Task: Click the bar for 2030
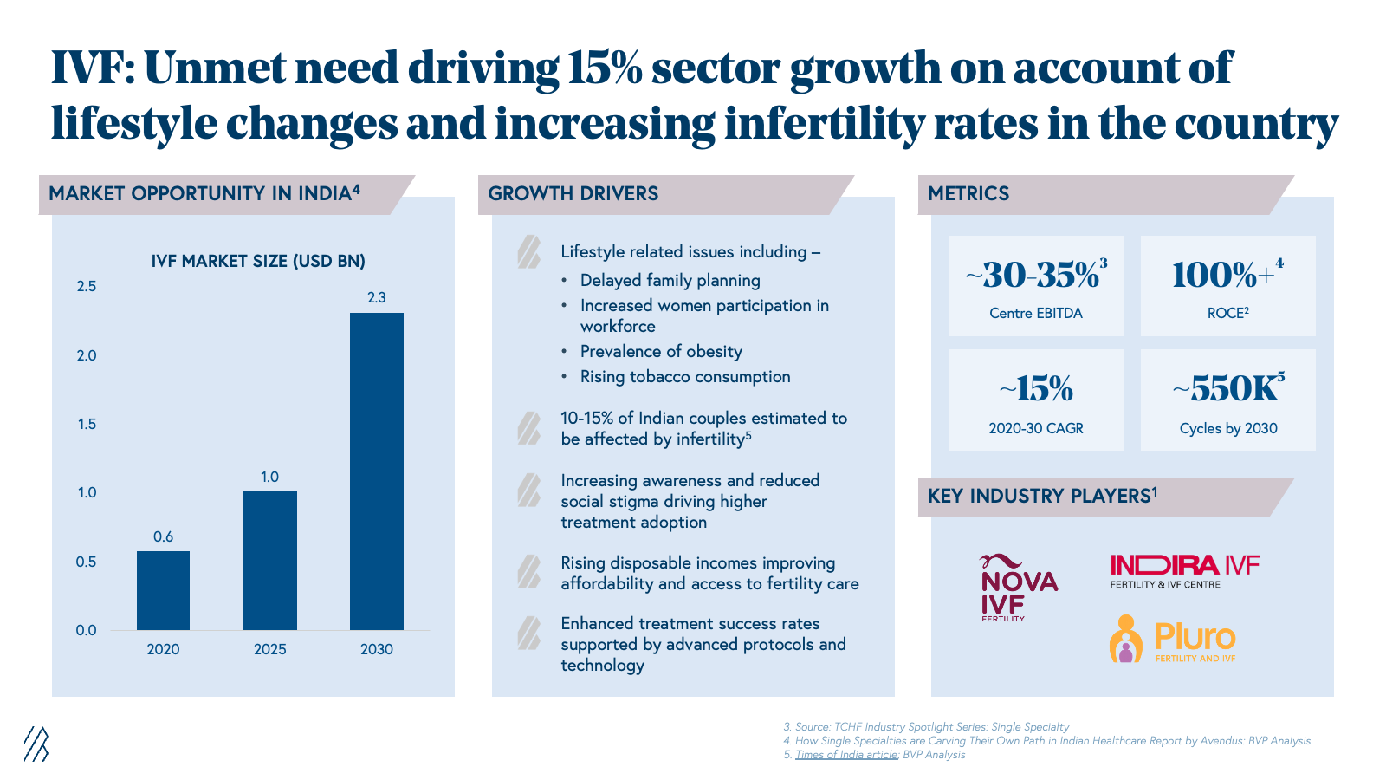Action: point(377,471)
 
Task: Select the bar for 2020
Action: point(163,590)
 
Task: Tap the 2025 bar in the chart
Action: point(269,561)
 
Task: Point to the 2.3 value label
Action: point(377,297)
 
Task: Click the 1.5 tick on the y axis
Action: point(87,424)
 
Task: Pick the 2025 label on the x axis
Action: point(269,649)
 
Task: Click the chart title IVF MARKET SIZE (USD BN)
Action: point(258,261)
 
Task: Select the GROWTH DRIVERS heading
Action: point(573,193)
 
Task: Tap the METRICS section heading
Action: point(968,193)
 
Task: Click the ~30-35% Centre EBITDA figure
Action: point(1036,276)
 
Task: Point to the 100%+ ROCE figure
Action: point(1227,276)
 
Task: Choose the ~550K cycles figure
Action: point(1227,389)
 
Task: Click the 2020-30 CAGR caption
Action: point(1036,428)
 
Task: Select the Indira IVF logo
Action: point(1184,571)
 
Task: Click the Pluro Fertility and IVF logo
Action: point(1174,640)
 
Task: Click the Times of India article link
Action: point(846,755)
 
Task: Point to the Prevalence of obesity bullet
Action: point(661,351)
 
